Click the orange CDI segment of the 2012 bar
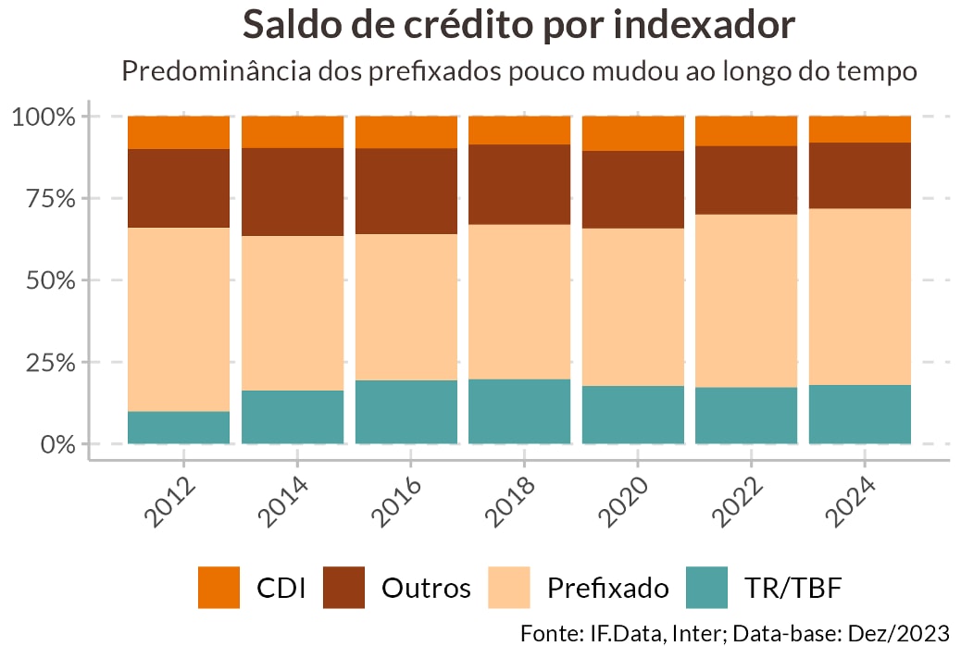click(179, 132)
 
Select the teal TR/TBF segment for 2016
click(406, 412)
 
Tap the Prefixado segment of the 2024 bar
click(860, 296)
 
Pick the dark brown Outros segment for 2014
click(293, 192)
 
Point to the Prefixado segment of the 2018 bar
click(519, 302)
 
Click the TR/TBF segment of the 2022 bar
click(746, 416)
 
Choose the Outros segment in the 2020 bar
click(633, 190)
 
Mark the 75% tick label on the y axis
click(44, 199)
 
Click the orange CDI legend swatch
click(219, 588)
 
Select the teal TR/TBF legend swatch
click(708, 588)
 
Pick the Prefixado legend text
click(607, 589)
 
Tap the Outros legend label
click(426, 589)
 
